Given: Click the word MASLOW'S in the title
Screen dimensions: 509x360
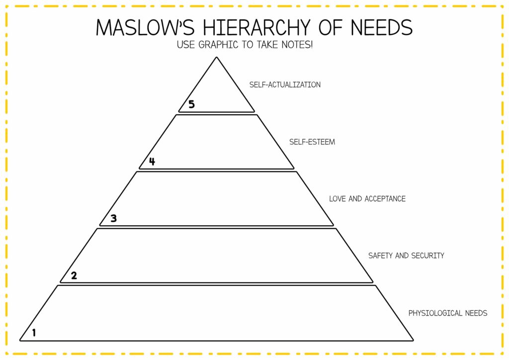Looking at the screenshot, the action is pyautogui.click(x=145, y=27).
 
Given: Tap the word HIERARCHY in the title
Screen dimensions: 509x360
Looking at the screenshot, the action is pyautogui.click(x=256, y=27).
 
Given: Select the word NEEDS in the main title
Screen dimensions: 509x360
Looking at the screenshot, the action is pyautogui.click(x=382, y=27).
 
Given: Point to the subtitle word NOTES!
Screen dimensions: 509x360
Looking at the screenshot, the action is pyautogui.click(x=297, y=44).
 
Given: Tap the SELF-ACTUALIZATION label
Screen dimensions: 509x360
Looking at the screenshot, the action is pyautogui.click(x=285, y=85).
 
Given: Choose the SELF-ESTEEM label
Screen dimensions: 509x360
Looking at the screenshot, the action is pyautogui.click(x=312, y=142).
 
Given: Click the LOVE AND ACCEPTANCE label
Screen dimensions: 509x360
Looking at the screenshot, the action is pyautogui.click(x=367, y=199).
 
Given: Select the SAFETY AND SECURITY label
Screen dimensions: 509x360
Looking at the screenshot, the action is pyautogui.click(x=406, y=256).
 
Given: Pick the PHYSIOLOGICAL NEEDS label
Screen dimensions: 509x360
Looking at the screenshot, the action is pyautogui.click(x=448, y=313).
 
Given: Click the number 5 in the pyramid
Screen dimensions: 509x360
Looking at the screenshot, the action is pyautogui.click(x=191, y=104).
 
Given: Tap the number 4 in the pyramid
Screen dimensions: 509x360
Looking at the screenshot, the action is pyautogui.click(x=152, y=161).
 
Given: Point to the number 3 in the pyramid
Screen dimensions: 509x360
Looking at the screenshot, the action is pyautogui.click(x=113, y=218).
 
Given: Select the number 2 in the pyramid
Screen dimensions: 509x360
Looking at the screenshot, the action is pyautogui.click(x=74, y=275).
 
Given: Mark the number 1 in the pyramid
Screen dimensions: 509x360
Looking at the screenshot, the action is pyautogui.click(x=34, y=333).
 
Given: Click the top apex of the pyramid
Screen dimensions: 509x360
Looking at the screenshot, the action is pyautogui.click(x=217, y=58).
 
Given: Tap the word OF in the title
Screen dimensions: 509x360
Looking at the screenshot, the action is pyautogui.click(x=331, y=27).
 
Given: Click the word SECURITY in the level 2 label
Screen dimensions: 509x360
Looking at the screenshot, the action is pyautogui.click(x=427, y=256).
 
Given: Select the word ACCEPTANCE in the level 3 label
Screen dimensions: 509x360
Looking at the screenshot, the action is pyautogui.click(x=385, y=199).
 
